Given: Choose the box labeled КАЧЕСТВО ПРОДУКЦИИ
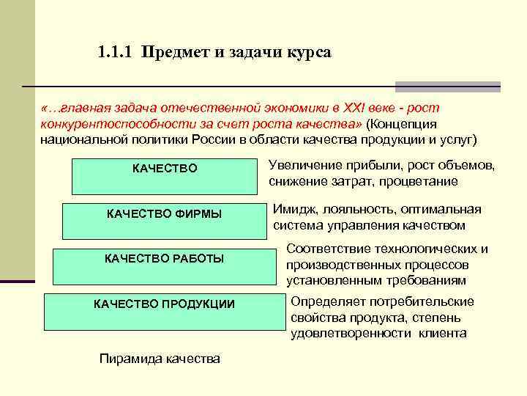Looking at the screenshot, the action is point(164,311).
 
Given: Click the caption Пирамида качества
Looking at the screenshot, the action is point(159,359).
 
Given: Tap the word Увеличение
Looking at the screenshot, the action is point(302,164).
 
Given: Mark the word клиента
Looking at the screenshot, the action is point(442,333).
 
